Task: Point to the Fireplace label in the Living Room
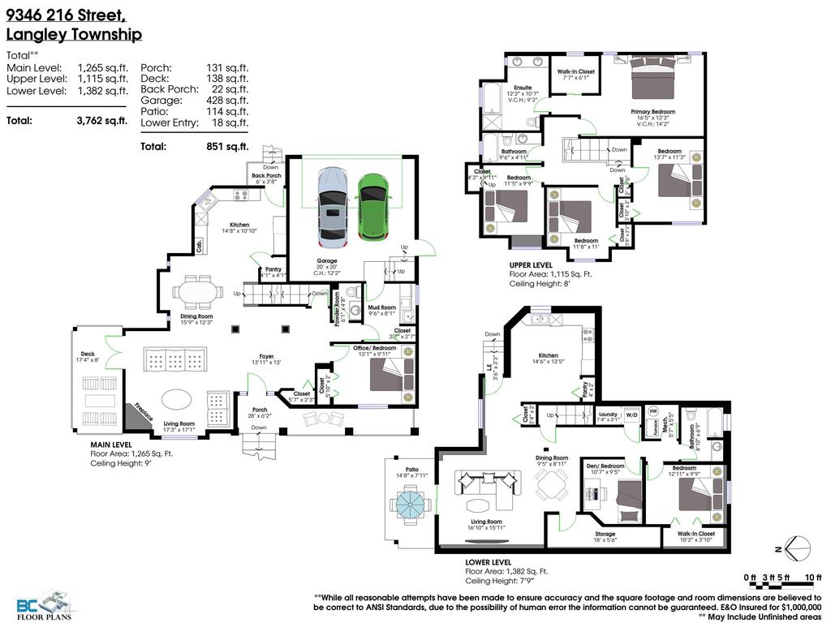pyautogui.click(x=144, y=410)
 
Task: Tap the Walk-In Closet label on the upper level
pyautogui.click(x=575, y=71)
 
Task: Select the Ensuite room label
pyautogui.click(x=523, y=87)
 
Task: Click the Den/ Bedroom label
pyautogui.click(x=605, y=466)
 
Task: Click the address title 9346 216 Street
pyautogui.click(x=66, y=15)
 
